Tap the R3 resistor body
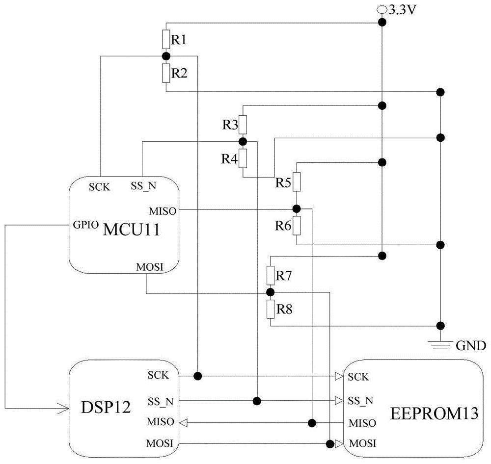click(243, 125)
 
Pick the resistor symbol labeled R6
click(297, 226)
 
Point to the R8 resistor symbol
click(270, 309)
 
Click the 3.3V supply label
click(401, 9)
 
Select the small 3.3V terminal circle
click(381, 9)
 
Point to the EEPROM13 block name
click(434, 414)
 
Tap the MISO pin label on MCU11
click(162, 211)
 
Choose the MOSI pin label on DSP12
click(160, 444)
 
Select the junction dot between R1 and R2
click(166, 56)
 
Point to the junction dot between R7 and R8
click(270, 292)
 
